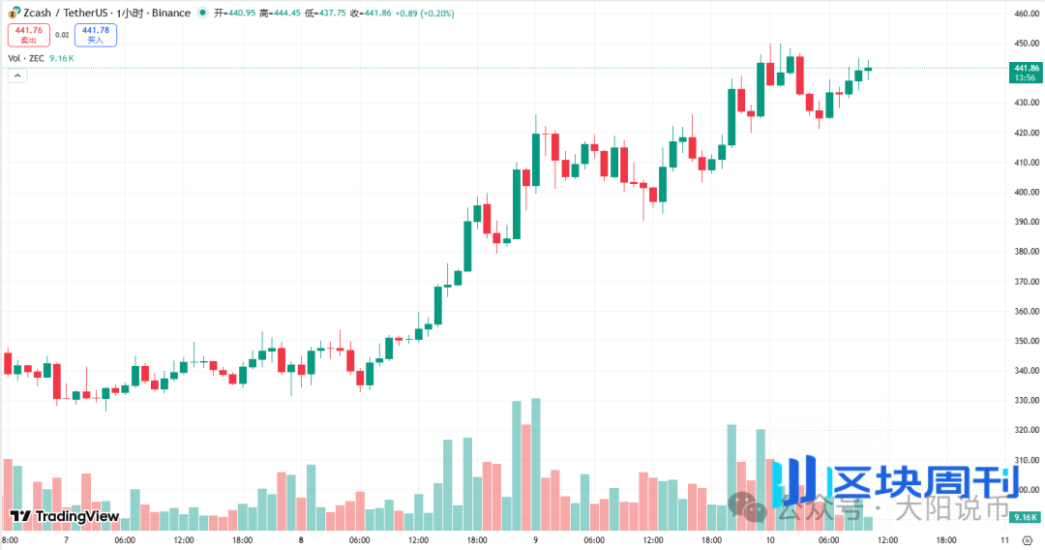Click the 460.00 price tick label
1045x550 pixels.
[1026, 14]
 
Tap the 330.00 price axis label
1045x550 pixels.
[1026, 401]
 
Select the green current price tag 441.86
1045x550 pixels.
[1026, 68]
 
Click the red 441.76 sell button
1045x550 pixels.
[27, 35]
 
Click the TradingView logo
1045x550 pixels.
[65, 517]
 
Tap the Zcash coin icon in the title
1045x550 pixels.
[14, 14]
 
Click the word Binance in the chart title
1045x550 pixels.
[171, 14]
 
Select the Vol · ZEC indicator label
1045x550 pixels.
[27, 58]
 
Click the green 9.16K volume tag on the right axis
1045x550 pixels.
[1025, 518]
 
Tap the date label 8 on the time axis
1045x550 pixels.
[301, 539]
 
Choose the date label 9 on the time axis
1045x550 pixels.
[535, 539]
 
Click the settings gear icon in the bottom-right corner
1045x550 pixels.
[1028, 539]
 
